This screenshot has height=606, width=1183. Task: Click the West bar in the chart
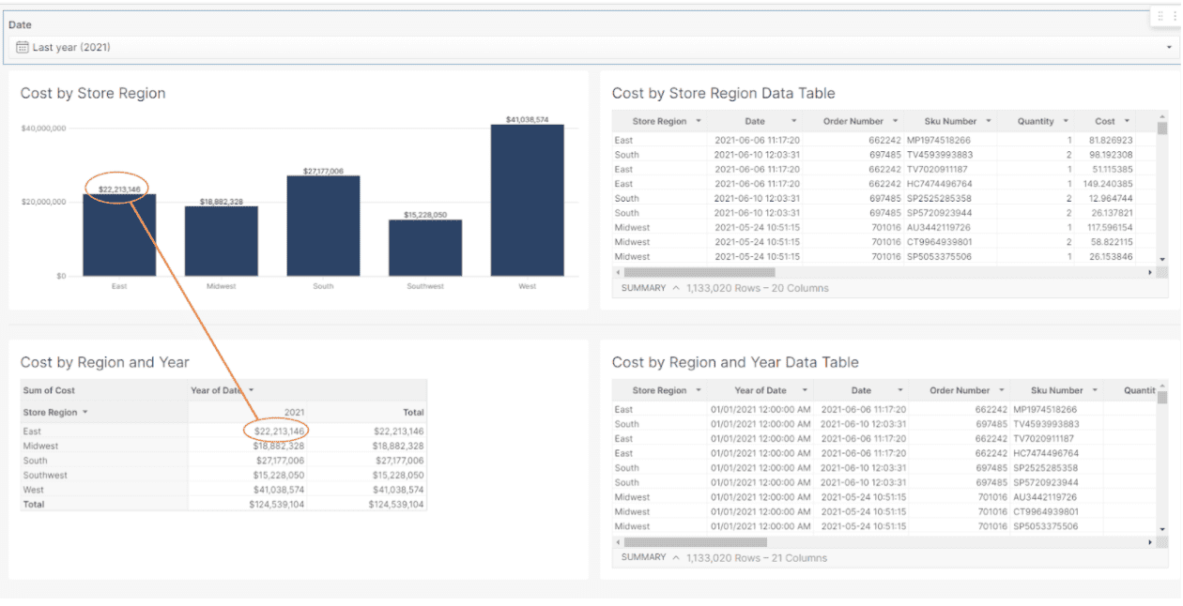[x=527, y=201]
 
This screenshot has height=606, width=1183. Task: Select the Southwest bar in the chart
[x=425, y=248]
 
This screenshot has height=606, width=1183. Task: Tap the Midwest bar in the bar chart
[x=221, y=241]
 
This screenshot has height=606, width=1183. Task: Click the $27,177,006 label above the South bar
[x=323, y=172]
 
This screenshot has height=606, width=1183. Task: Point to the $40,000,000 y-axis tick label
[x=43, y=128]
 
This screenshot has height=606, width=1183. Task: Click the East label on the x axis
[x=119, y=286]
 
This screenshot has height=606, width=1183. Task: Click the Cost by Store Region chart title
[x=93, y=93]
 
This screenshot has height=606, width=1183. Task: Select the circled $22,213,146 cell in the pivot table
[x=279, y=432]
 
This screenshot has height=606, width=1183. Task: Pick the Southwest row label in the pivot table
[x=45, y=476]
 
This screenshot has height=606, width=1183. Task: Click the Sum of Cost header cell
[x=49, y=390]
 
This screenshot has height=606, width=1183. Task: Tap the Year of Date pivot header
[x=217, y=390]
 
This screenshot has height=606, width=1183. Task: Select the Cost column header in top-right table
[x=1105, y=121]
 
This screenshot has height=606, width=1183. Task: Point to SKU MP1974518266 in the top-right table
[x=939, y=140]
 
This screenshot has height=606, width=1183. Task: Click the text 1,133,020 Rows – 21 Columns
[x=757, y=557]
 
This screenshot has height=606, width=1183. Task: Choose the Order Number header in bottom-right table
[x=960, y=390]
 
